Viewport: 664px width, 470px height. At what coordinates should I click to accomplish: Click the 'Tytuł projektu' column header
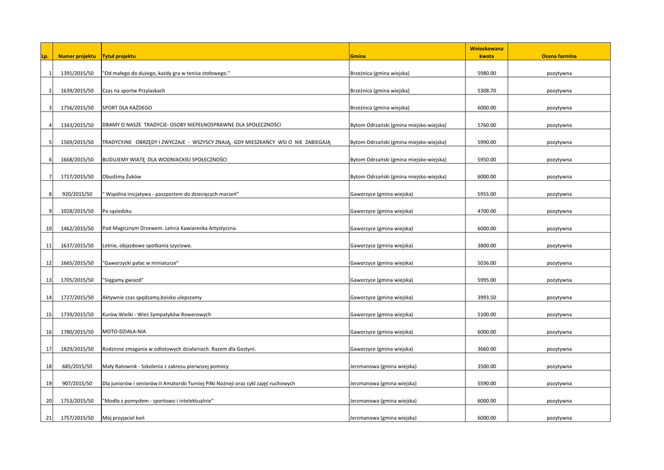(119, 56)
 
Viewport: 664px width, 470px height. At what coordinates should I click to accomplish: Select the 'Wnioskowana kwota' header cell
(486, 53)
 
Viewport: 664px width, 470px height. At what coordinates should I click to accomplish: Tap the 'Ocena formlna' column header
(559, 56)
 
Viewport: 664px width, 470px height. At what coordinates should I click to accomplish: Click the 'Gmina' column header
(357, 56)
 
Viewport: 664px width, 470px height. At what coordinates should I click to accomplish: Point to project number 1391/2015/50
(77, 74)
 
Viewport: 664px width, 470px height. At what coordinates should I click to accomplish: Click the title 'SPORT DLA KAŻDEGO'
(127, 108)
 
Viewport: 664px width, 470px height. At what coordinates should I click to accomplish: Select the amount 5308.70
(486, 91)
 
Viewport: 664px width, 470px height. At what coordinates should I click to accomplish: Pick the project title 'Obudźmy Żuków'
(122, 176)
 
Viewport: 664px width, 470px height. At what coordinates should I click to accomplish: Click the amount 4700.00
(486, 211)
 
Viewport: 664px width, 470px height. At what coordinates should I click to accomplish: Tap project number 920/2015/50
(77, 194)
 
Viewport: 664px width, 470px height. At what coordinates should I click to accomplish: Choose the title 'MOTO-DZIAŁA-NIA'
(124, 331)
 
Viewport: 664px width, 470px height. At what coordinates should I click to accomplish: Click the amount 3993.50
(486, 297)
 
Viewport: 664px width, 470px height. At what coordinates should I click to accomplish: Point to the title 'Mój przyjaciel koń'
(123, 418)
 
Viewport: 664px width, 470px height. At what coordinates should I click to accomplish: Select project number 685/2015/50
(77, 366)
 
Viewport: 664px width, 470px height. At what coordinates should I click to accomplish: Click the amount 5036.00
(486, 263)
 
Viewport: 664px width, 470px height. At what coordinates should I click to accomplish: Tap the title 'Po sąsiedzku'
(117, 211)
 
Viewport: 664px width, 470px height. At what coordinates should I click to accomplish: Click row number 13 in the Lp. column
(49, 280)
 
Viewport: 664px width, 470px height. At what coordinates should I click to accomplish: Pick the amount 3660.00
(486, 349)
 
